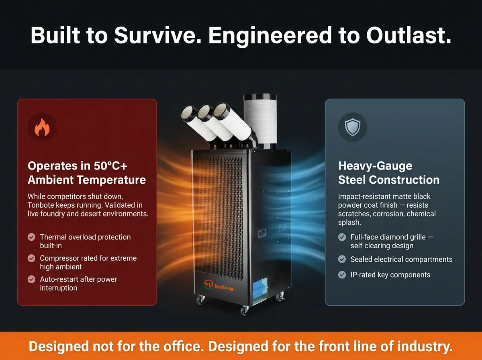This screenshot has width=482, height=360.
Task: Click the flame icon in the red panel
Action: tap(42, 127)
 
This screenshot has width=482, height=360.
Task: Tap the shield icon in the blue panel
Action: tap(352, 127)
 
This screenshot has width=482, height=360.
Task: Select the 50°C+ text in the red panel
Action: tap(110, 166)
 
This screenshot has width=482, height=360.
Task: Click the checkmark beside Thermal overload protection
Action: tap(31, 237)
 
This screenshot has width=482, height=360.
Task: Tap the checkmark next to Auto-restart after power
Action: tap(31, 279)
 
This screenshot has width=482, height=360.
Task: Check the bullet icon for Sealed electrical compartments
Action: tap(342, 259)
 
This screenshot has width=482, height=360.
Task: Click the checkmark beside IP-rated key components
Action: tap(342, 275)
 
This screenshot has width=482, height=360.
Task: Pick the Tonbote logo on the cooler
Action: tap(219, 286)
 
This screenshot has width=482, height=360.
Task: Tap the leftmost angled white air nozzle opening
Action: tap(188, 113)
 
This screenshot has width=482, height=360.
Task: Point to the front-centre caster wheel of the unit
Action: tap(244, 310)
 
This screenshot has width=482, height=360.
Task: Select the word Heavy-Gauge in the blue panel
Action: tap(375, 166)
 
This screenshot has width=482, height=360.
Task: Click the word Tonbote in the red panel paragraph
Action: tap(41, 205)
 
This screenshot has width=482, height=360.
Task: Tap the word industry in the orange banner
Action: tap(425, 347)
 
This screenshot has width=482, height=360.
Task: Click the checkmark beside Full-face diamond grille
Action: tap(342, 237)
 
